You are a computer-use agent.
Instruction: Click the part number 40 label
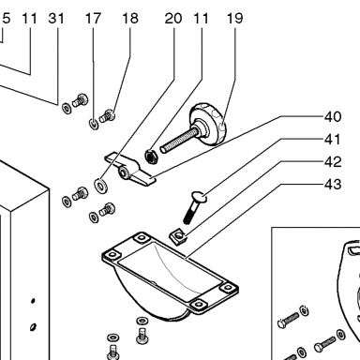(333, 117)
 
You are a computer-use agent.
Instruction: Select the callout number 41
(333, 140)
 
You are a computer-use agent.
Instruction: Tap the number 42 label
(333, 162)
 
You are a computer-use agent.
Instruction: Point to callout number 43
(333, 185)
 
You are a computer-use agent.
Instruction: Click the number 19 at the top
(234, 18)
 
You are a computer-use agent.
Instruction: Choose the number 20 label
(173, 18)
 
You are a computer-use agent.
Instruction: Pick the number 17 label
(93, 18)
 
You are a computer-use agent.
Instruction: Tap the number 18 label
(130, 18)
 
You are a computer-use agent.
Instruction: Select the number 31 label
(56, 18)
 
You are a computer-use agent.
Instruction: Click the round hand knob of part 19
(208, 124)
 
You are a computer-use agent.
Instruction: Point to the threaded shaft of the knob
(179, 141)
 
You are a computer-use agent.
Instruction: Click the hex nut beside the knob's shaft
(152, 156)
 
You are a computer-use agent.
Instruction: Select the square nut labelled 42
(178, 236)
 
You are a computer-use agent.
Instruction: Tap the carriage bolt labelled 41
(194, 207)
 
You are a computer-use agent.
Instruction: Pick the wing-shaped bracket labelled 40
(129, 169)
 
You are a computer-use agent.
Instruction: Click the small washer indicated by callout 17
(94, 124)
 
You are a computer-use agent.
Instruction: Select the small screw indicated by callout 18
(107, 116)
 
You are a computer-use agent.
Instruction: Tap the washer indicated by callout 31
(67, 108)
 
